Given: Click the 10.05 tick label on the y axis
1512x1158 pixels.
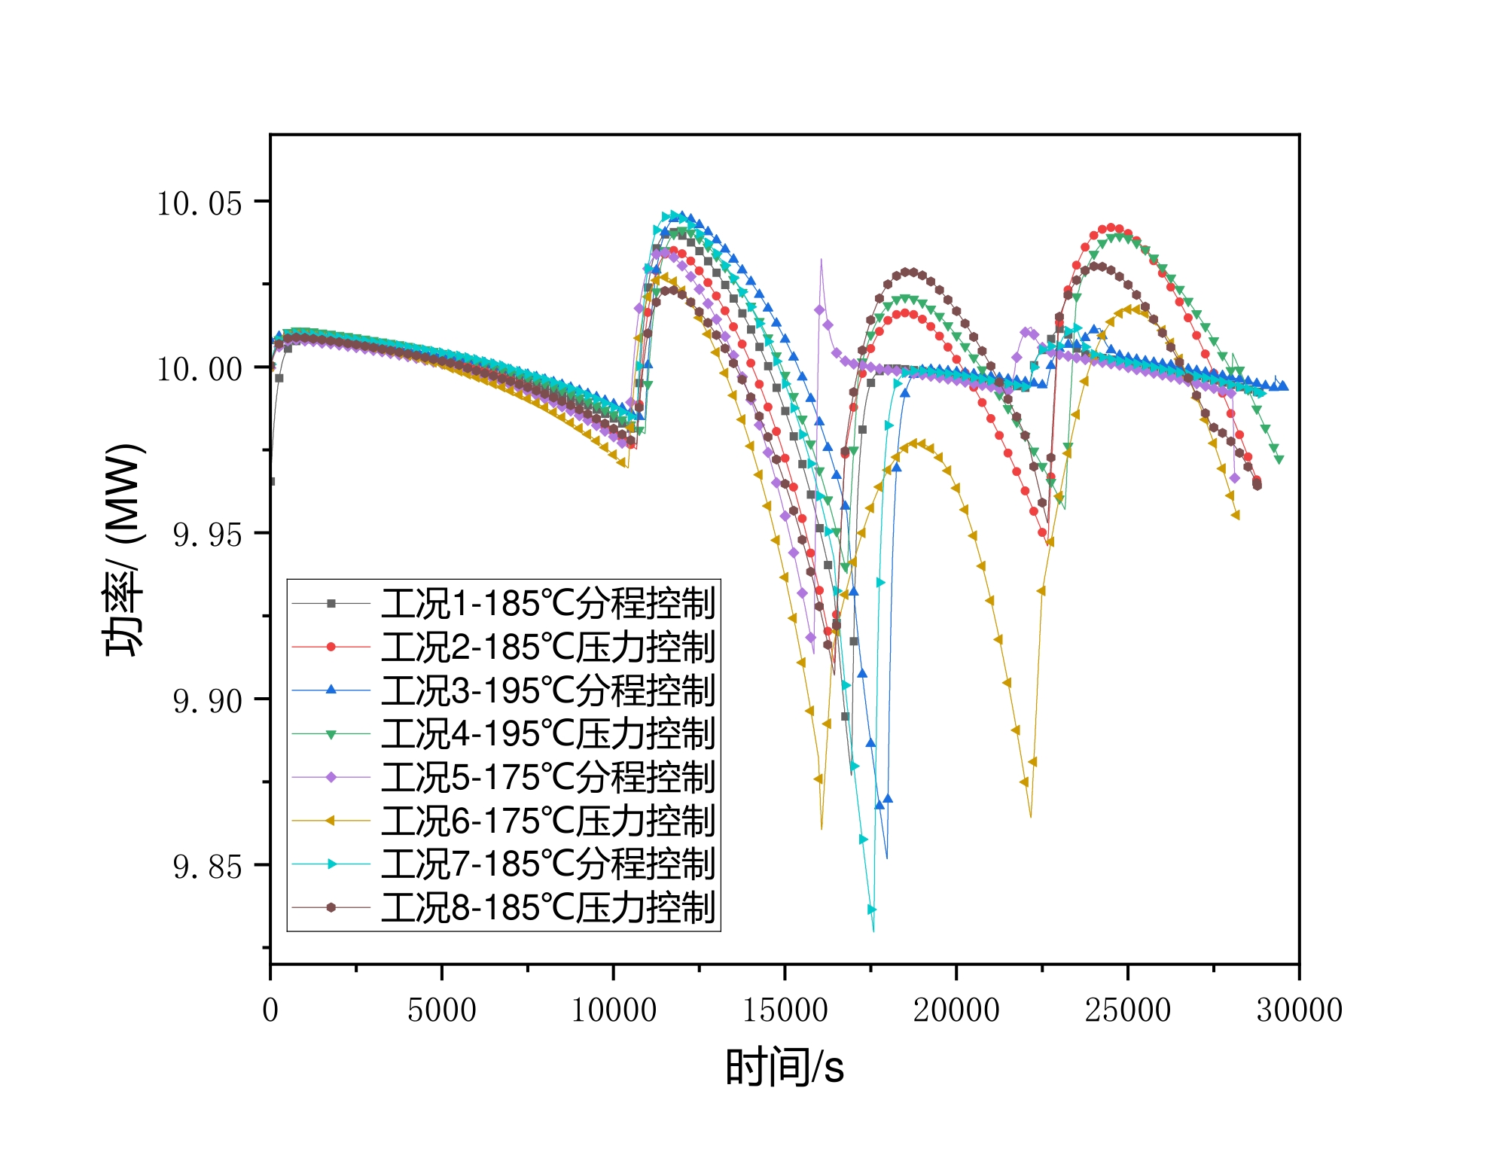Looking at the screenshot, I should [x=199, y=203].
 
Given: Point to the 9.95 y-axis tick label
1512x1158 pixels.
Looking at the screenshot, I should [x=207, y=535].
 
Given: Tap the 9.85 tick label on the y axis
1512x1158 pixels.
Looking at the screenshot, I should [x=207, y=867].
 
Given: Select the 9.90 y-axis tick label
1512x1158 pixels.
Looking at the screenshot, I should [x=207, y=701].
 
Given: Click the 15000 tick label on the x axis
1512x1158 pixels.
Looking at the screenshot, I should [x=785, y=1010].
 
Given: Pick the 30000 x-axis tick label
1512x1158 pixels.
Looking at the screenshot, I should [x=1299, y=1010].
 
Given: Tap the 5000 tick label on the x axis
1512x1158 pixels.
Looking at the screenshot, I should [x=442, y=1010].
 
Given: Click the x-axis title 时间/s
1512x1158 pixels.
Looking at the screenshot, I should [x=785, y=1067].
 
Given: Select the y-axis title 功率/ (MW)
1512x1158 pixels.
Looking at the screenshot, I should [x=123, y=550].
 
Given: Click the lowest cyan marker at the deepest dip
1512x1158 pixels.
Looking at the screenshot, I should [x=872, y=910].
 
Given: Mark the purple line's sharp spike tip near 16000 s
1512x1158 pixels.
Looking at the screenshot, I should [x=821, y=260].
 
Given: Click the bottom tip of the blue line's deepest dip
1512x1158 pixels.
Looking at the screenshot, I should [x=887, y=858].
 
